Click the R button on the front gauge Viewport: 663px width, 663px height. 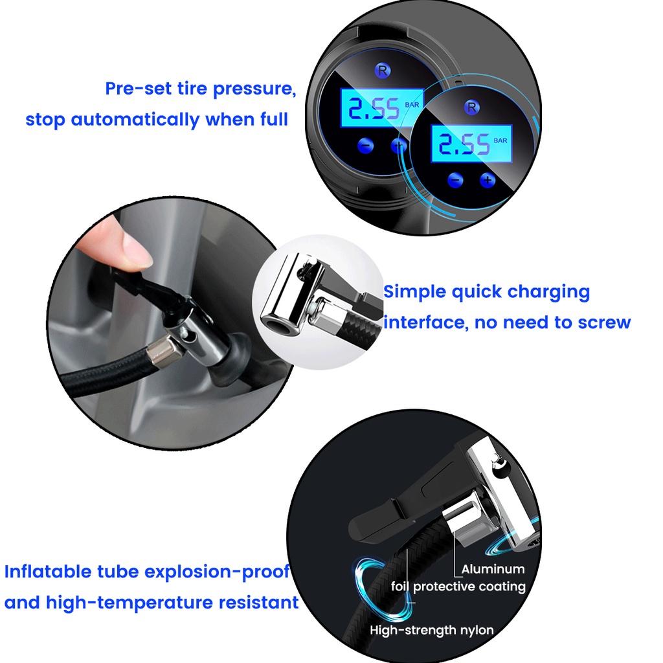click(471, 107)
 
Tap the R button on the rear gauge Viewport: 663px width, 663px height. click(382, 70)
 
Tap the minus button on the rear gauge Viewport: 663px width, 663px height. click(365, 146)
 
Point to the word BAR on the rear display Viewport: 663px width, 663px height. click(412, 105)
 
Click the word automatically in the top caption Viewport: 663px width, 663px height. click(135, 120)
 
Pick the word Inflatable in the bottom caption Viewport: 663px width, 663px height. click(48, 572)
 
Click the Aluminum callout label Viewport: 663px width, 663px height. click(493, 569)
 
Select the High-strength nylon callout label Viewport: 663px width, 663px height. click(432, 631)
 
